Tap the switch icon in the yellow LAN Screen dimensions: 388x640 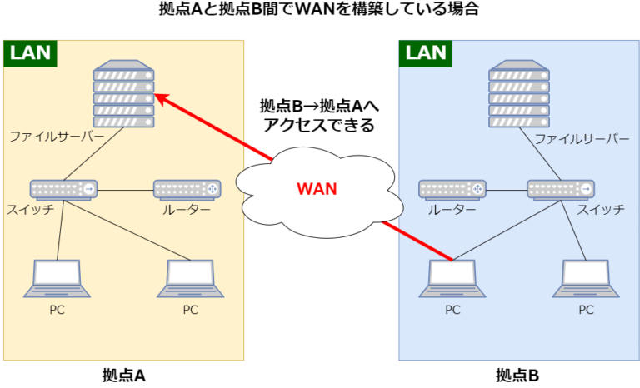pos(63,190)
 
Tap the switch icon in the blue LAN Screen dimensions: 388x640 pos(561,190)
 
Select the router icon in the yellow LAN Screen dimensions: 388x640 pos(187,190)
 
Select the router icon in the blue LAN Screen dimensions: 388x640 pos(452,190)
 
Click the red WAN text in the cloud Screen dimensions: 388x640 pos(317,189)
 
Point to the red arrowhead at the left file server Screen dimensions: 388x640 pos(162,99)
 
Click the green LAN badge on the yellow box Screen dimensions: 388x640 pos(31,53)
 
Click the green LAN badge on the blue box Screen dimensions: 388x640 pos(426,53)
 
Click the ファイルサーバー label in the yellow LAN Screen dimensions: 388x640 pos(57,136)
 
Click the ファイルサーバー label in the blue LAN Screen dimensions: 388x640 pos(582,139)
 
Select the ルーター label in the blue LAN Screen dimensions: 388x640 pos(452,210)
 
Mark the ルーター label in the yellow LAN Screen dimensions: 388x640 pos(187,210)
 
